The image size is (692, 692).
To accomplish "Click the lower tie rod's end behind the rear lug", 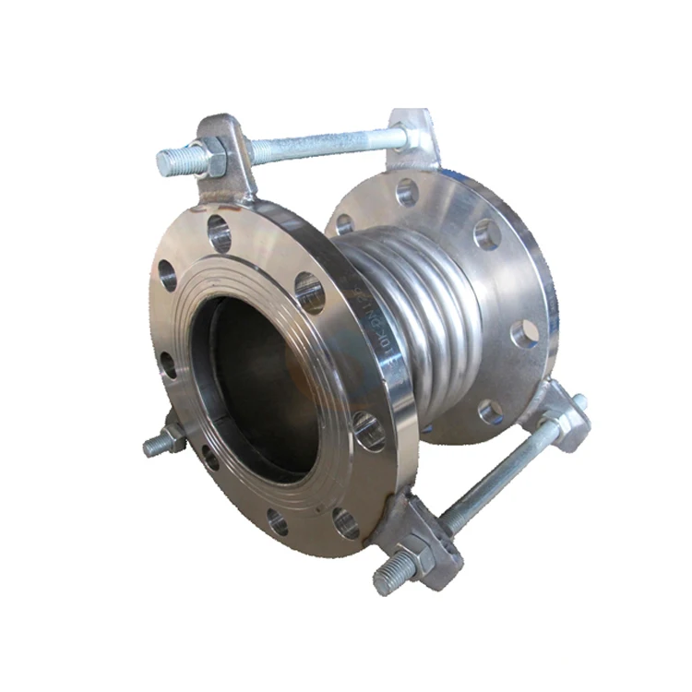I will click(579, 403).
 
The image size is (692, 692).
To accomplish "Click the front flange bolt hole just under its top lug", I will click(220, 233).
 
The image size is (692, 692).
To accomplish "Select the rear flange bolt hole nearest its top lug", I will click(407, 192).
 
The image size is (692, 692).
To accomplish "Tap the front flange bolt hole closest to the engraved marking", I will click(311, 292).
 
